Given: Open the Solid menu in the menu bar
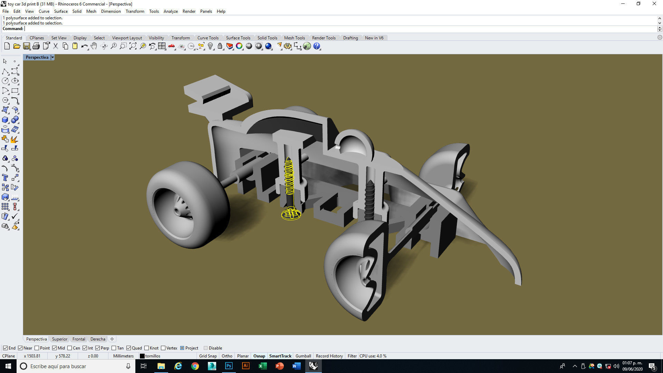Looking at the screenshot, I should tap(77, 11).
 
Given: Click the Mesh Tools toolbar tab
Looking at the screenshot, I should tap(294, 38).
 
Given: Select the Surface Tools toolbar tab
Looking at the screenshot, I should tap(238, 38).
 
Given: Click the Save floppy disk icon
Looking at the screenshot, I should tap(27, 46).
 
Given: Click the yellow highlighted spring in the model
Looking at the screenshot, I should tap(289, 176).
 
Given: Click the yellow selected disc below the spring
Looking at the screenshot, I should tap(291, 214).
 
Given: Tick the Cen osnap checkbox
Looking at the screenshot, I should tap(70, 348).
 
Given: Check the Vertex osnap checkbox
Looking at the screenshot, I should tap(163, 348).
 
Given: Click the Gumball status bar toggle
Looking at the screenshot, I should tap(303, 356).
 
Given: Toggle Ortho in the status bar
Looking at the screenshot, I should tap(227, 356).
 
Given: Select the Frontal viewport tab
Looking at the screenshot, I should tap(79, 339).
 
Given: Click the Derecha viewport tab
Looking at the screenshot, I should tap(98, 339).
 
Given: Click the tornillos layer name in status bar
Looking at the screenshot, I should tap(153, 356).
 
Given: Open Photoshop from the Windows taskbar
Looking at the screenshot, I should tap(229, 366).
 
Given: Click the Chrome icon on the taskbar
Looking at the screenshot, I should tap(195, 366).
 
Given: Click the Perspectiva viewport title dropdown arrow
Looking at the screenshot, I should tap(52, 57).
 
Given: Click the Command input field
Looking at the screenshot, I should tap(311, 29).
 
